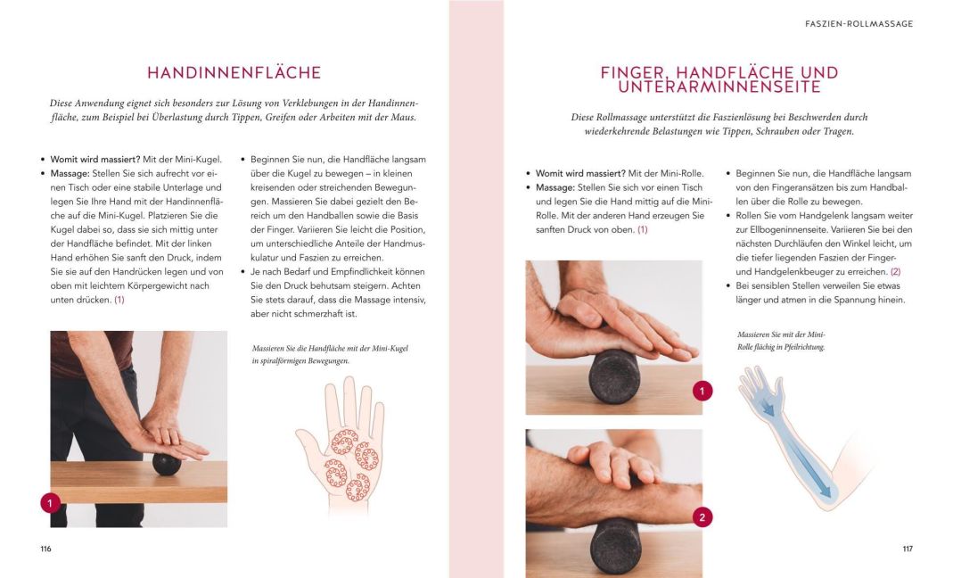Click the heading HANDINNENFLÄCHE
pos(234,73)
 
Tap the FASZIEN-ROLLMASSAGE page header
pos(859,24)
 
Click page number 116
pos(46,549)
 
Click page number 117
pos(908,549)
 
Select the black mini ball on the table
pos(167,464)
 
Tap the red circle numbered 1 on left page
pos(51,503)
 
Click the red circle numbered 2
pos(702,517)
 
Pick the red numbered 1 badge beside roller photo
pos(702,391)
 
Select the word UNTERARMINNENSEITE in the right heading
pos(719,87)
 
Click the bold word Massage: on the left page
pos(70,173)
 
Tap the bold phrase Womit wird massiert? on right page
pos(580,173)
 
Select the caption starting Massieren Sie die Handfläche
pos(330,355)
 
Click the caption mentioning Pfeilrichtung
pos(781,341)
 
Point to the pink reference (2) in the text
pos(895,272)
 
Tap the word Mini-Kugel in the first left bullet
pos(198,160)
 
